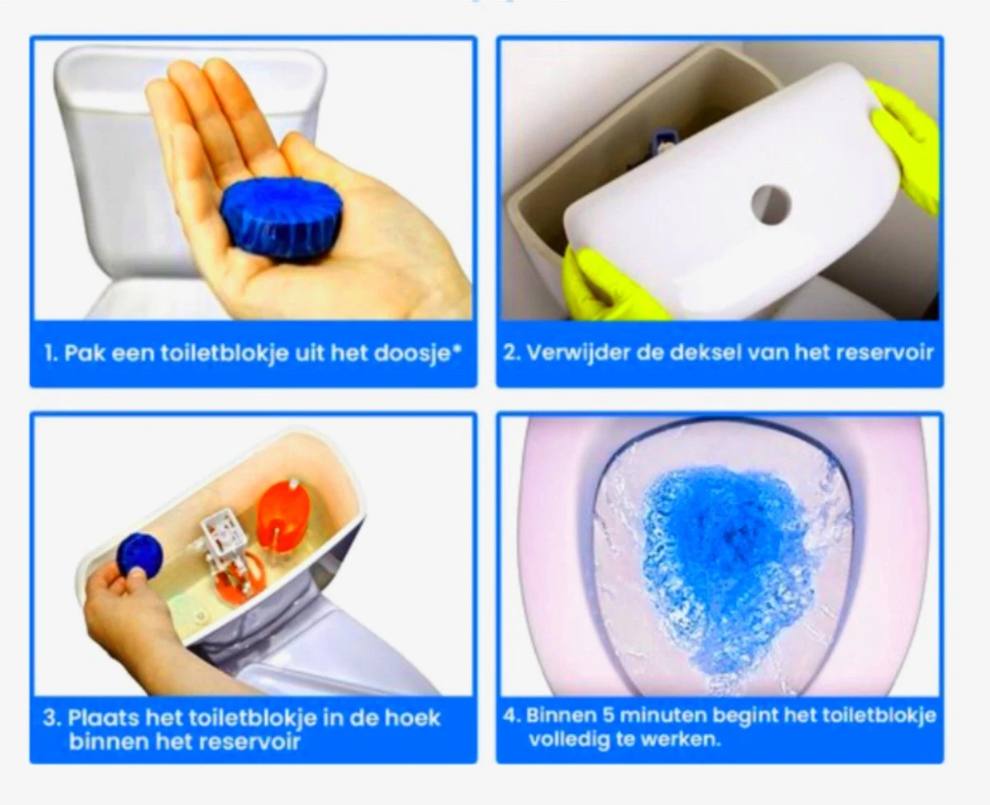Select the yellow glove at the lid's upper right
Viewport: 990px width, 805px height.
click(907, 145)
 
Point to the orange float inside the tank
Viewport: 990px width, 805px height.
click(282, 515)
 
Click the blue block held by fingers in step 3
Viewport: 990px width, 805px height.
click(138, 553)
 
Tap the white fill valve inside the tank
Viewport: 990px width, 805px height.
click(223, 528)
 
